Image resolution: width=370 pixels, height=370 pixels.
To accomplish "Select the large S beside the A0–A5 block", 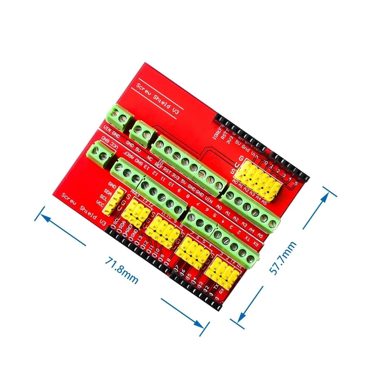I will click(x=233, y=172).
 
